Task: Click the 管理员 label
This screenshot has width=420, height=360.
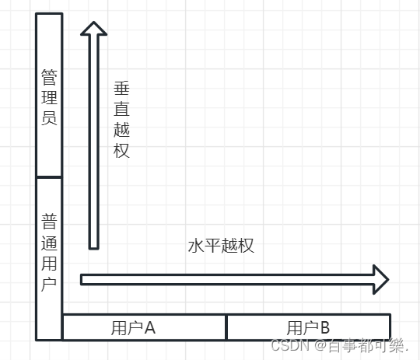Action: click(x=49, y=97)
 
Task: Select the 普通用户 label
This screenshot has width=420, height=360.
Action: click(x=49, y=253)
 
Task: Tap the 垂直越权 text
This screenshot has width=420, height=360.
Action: click(x=121, y=120)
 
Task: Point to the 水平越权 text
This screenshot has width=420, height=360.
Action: click(x=221, y=246)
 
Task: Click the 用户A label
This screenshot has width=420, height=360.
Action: click(x=134, y=328)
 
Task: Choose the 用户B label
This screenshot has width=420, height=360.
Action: click(x=308, y=328)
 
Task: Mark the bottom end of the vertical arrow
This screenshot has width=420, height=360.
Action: click(x=94, y=249)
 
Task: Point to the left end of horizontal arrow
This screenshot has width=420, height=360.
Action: click(x=81, y=280)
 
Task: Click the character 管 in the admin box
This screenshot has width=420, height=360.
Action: click(x=49, y=77)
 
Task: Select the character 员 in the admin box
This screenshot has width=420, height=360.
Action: click(x=49, y=118)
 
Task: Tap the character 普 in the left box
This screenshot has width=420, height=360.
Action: click(x=49, y=222)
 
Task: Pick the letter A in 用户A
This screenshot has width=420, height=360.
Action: click(x=150, y=327)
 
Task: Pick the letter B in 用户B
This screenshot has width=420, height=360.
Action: click(x=325, y=327)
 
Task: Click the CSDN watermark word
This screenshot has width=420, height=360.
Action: click(x=290, y=345)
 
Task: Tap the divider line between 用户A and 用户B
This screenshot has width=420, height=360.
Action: click(x=226, y=327)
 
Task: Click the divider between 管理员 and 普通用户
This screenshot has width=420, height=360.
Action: click(x=49, y=177)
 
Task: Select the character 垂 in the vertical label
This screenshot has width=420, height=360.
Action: click(x=121, y=88)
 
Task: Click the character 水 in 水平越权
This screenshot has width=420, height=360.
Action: click(x=196, y=246)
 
